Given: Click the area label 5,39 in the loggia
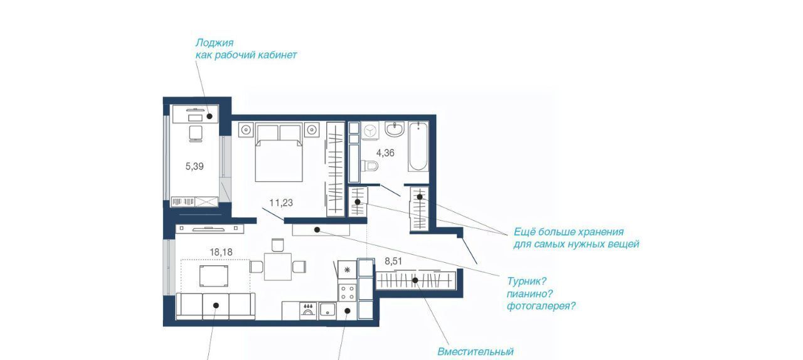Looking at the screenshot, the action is tap(194, 166).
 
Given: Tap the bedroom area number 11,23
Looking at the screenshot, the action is tap(281, 203).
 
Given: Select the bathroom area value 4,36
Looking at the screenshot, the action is tap(385, 153).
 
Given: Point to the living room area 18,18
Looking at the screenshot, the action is tap(221, 252).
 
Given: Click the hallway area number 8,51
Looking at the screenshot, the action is tap(393, 262).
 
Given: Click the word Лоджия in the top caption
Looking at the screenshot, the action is tap(215, 43).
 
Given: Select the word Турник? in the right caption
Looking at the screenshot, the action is tap(526, 281).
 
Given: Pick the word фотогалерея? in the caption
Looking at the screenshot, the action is tap(541, 306).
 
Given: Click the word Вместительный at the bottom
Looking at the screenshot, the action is tap(476, 351).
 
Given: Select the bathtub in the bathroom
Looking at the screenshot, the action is tap(418, 146).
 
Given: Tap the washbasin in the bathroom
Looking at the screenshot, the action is tap(395, 129).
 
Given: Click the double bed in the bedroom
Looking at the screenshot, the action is tap(279, 153).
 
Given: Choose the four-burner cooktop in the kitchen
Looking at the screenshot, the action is tap(348, 292).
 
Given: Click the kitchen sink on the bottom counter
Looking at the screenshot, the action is tap(327, 311).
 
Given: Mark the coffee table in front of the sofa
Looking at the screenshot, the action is tap(214, 276).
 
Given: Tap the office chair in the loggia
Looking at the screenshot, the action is tap(195, 134).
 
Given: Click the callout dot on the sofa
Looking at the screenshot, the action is tap(216, 305).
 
